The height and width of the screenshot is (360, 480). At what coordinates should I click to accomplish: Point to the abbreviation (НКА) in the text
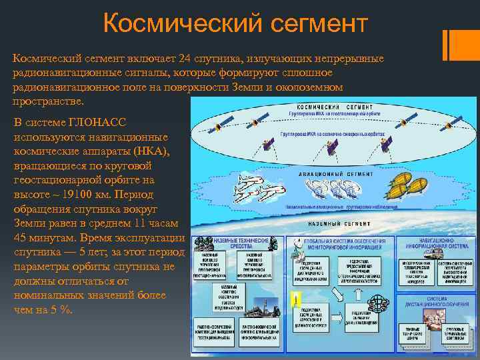(151, 151)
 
